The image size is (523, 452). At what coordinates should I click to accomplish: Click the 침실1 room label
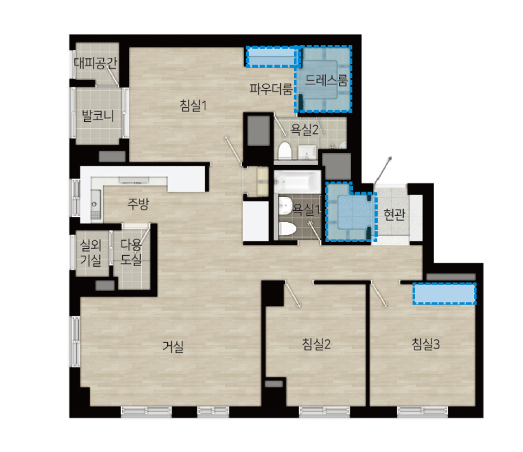point(193,105)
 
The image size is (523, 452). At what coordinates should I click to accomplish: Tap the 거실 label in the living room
point(173,346)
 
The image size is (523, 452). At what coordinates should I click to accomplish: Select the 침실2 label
point(316,344)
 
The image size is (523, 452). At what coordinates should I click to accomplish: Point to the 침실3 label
point(426,344)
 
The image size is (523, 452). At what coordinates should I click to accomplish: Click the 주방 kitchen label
point(138,203)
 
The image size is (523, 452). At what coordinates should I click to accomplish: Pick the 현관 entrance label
point(394,214)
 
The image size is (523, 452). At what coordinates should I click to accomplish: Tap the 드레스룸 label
point(326,80)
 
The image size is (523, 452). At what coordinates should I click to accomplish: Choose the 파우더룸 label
point(271,89)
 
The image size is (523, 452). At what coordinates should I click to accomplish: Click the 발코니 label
point(97,115)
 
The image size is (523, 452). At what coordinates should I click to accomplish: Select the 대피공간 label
point(95,62)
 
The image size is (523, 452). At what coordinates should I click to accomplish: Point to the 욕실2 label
point(304,129)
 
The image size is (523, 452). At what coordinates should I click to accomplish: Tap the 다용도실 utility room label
point(131,252)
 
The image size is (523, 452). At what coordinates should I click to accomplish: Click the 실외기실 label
point(91,252)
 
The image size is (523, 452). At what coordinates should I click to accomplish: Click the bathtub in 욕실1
point(297,182)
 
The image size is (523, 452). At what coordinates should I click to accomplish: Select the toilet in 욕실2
point(285,151)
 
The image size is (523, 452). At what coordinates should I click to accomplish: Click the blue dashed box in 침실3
point(444,293)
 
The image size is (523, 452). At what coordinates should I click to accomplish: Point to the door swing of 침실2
point(292,294)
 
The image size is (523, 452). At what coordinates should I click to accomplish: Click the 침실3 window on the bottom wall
point(422,410)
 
